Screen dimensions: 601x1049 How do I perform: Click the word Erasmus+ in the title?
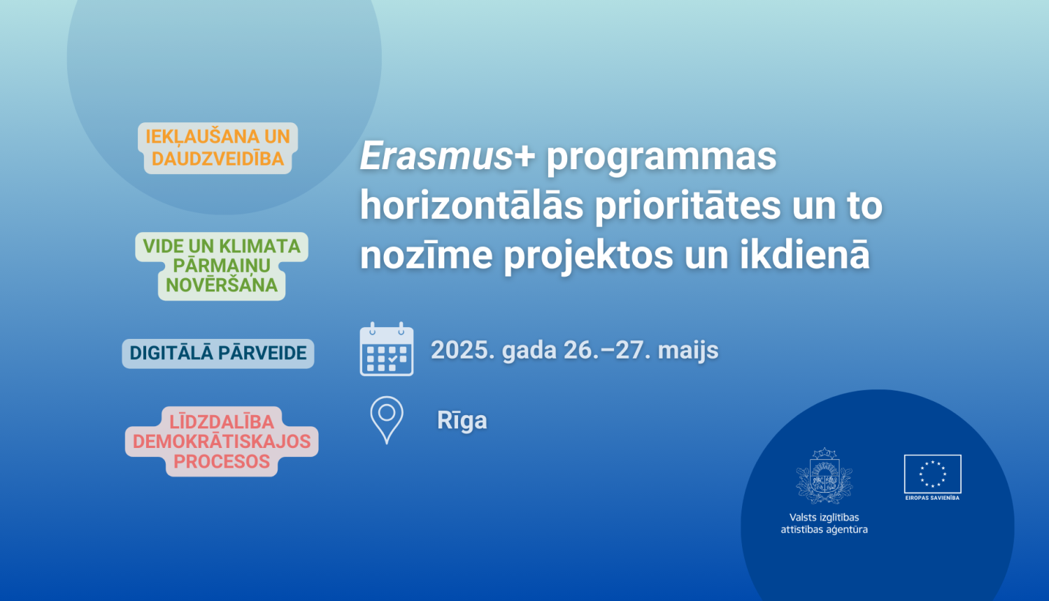click(447, 156)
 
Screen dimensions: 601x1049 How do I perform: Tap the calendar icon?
click(386, 350)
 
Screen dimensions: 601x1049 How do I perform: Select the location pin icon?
click(386, 419)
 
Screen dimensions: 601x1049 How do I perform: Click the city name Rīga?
click(462, 421)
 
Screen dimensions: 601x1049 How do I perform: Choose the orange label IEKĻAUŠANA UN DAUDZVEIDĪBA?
click(217, 147)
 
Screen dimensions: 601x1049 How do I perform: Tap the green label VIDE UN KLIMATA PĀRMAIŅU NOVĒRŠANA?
click(222, 266)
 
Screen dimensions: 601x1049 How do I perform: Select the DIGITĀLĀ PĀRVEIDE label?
click(218, 353)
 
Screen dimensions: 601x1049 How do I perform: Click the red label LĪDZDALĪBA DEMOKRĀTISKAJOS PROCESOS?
click(222, 442)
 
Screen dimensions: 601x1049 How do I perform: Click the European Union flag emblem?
click(932, 474)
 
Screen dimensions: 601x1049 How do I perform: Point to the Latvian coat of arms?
click(825, 476)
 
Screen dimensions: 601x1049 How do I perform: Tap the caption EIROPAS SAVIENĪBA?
click(932, 498)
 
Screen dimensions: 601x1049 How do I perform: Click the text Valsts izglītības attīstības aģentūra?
click(825, 523)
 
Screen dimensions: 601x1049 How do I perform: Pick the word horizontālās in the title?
click(471, 205)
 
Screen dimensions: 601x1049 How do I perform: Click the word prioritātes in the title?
click(687, 205)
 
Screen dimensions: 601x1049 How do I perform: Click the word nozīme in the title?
click(426, 255)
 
